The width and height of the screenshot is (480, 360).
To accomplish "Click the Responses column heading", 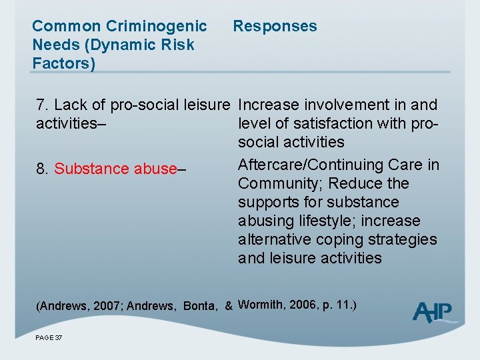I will click(275, 27).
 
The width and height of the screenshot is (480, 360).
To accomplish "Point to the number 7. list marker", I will click(43, 105).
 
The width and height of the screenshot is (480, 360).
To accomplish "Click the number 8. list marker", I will click(43, 169).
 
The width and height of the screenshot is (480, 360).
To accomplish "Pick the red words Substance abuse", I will click(114, 169).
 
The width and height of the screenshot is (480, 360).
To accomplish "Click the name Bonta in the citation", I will click(199, 306).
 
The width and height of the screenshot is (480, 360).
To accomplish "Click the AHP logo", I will click(435, 312).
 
